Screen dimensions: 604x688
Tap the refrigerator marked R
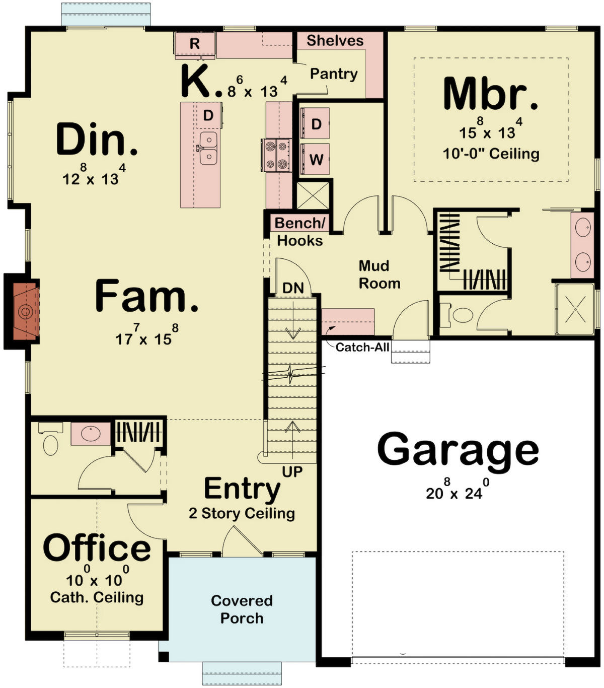point(195,43)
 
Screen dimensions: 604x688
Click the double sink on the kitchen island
point(208,149)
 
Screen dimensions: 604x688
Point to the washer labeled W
point(316,159)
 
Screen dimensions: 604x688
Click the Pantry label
point(334,74)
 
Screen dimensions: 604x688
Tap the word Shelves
point(335,41)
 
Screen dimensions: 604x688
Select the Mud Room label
point(380,274)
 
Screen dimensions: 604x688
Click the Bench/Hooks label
point(299,232)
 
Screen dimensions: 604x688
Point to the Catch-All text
point(362,347)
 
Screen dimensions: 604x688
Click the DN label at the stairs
point(293,288)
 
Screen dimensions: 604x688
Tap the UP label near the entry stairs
point(292,472)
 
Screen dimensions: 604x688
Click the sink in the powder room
point(91,434)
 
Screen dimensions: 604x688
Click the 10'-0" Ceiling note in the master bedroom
point(491,154)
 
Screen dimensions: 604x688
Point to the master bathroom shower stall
point(575,309)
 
